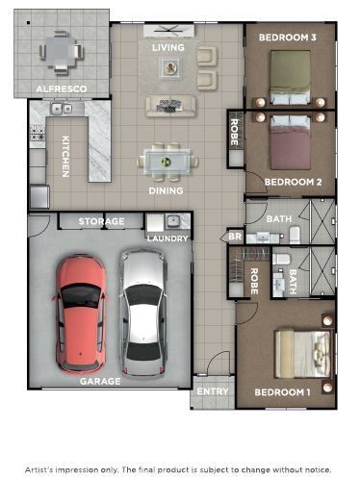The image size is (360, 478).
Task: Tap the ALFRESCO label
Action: (62, 88)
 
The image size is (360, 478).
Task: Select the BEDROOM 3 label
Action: (287, 38)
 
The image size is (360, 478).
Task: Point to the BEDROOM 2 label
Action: (292, 181)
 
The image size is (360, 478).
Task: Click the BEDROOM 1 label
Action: (282, 391)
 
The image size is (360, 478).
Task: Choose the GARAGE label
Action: (100, 381)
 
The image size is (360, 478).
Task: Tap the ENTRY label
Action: (212, 391)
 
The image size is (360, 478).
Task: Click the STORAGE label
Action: (101, 222)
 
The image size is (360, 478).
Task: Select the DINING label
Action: (166, 190)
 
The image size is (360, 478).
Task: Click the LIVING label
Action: (168, 47)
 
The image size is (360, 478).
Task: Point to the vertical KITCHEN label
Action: (65, 156)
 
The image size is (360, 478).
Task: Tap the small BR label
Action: (234, 237)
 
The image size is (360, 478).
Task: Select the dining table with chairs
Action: (167, 161)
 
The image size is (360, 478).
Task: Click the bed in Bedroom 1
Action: (300, 353)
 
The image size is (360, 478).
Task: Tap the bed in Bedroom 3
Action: (291, 77)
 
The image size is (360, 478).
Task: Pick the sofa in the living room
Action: (171, 105)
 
